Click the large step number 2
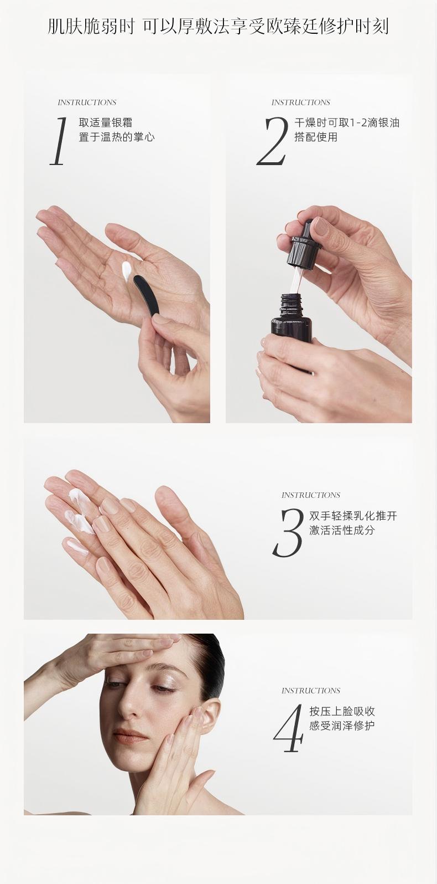(273, 141)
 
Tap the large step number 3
(288, 533)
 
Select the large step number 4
(288, 728)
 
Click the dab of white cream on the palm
(127, 271)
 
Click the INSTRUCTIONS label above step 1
(87, 102)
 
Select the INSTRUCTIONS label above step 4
(311, 691)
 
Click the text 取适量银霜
(106, 123)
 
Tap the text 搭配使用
(316, 137)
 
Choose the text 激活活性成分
(342, 530)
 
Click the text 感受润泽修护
(342, 726)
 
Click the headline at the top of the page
(218, 27)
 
